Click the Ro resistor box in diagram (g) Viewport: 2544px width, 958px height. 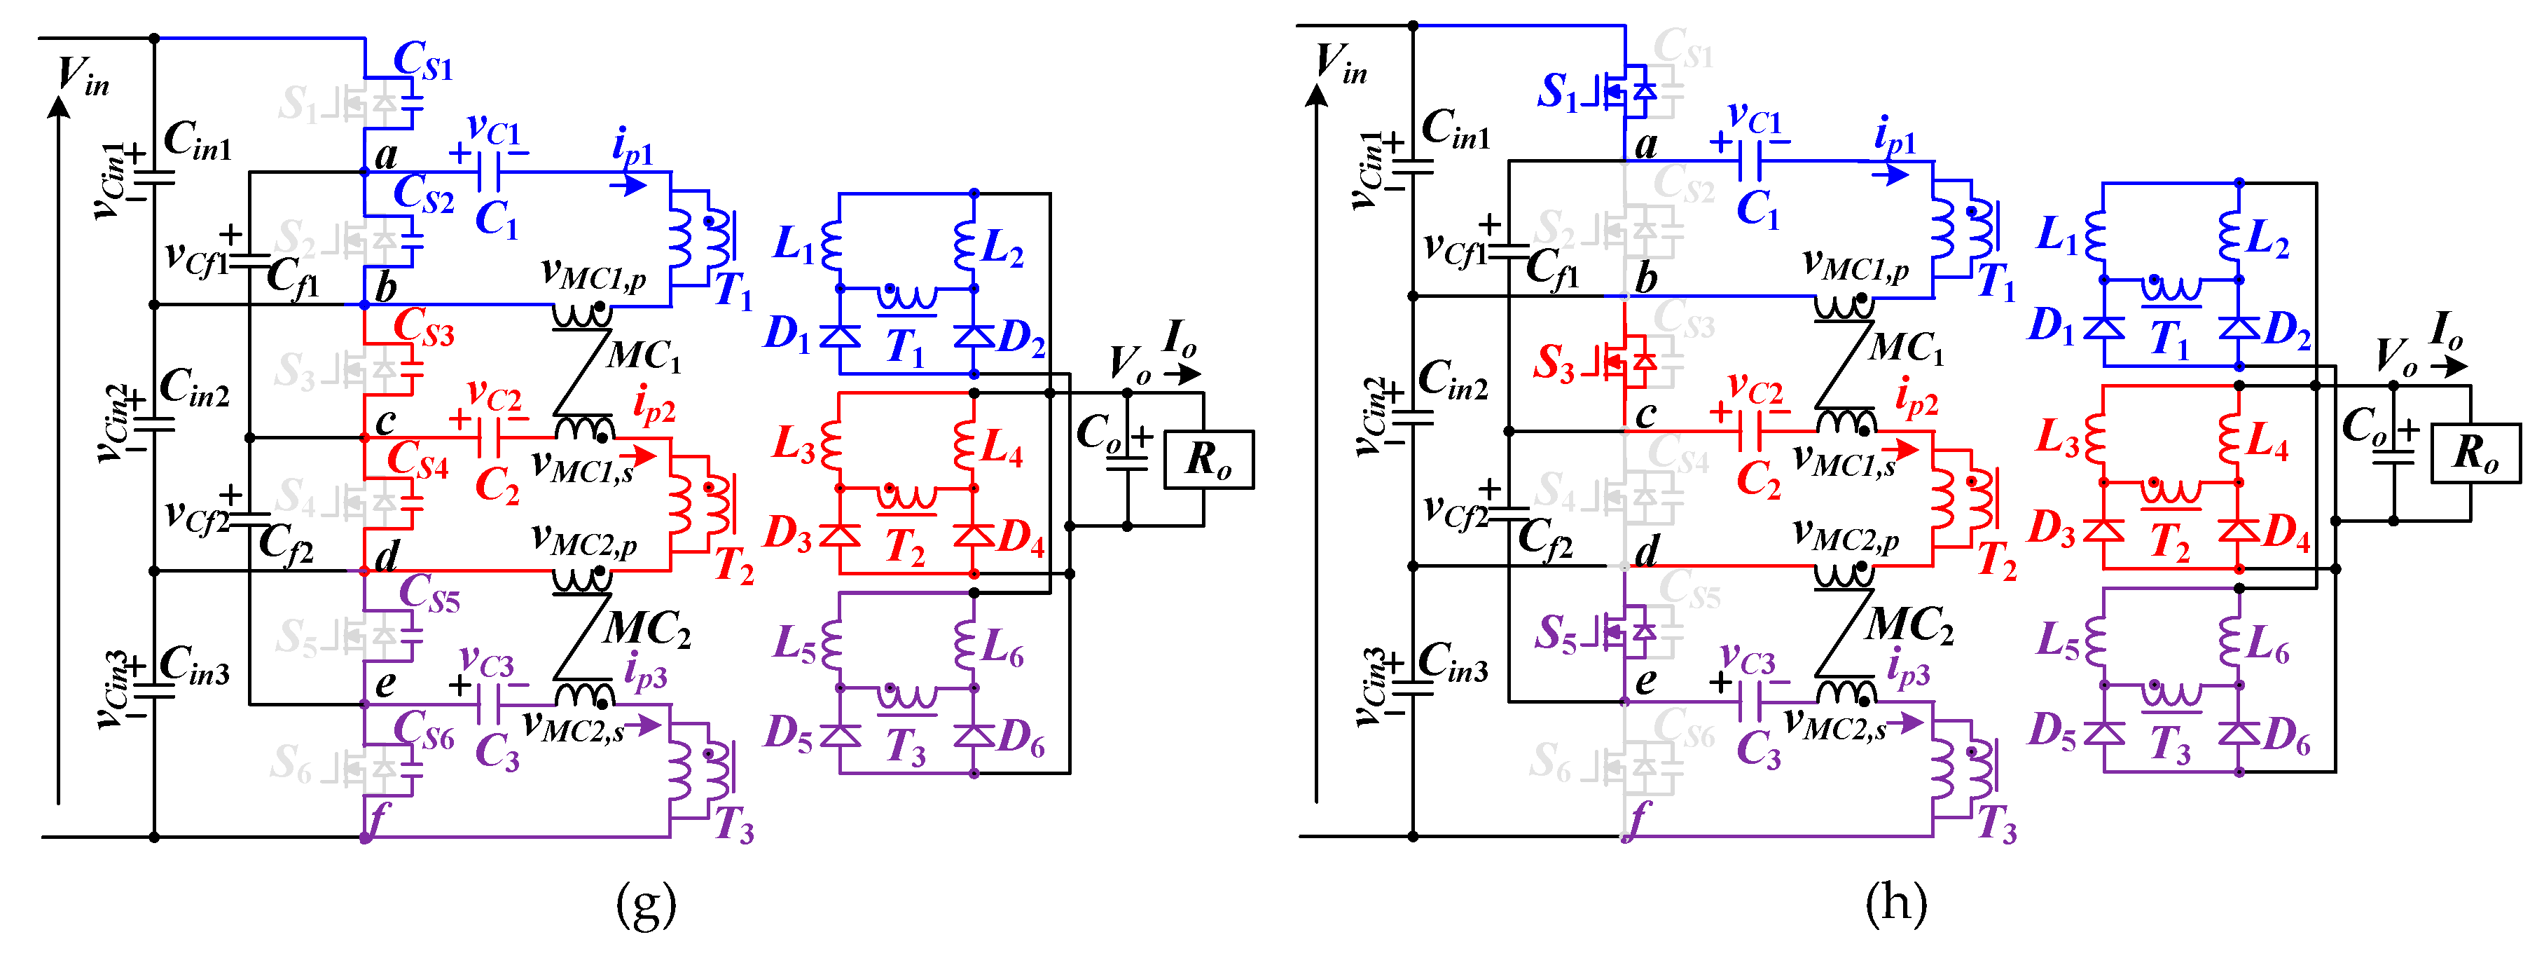(1208, 459)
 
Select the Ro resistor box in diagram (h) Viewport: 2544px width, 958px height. (2475, 453)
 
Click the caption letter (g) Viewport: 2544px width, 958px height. (646, 903)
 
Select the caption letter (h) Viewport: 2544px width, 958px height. (1895, 903)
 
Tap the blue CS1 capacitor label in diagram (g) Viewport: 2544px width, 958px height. (422, 61)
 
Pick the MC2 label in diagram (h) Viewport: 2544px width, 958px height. (1908, 626)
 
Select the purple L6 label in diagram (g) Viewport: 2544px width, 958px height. (1002, 647)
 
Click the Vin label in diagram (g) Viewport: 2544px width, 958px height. (82, 76)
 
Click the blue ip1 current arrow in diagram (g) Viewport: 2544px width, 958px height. (629, 185)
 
